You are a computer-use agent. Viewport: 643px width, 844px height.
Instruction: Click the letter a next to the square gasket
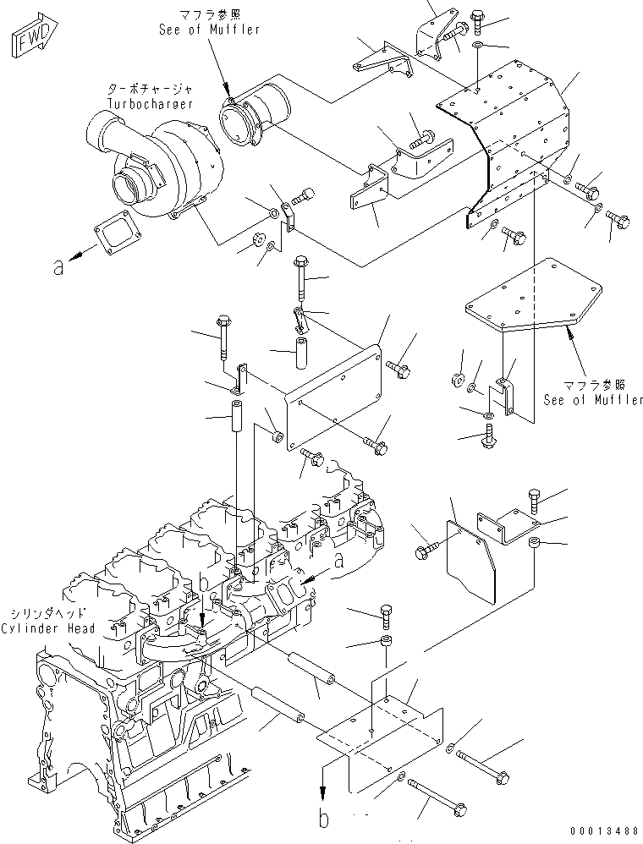[58, 266]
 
